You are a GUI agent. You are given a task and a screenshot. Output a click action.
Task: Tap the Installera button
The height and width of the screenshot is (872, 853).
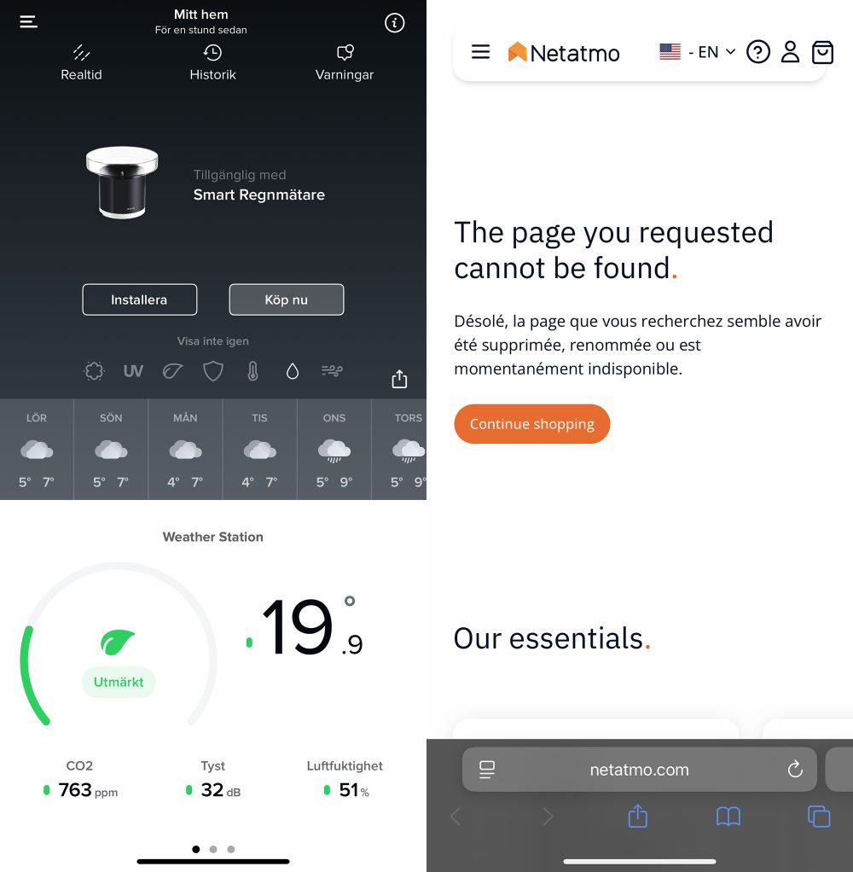click(139, 299)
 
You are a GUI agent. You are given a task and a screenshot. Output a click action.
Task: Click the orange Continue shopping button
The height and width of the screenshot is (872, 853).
click(531, 424)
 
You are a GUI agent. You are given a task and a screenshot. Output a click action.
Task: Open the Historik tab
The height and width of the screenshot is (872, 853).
click(212, 63)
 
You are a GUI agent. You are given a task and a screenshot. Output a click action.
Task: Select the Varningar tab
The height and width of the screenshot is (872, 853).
click(345, 63)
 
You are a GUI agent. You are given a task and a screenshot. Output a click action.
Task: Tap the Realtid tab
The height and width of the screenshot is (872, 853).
click(81, 63)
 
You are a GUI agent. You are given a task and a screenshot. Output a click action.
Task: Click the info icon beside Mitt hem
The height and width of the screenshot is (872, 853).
click(394, 23)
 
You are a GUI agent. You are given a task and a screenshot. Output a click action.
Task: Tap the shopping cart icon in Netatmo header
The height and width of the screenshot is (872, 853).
click(822, 52)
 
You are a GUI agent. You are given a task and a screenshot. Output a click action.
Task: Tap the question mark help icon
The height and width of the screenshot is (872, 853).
click(757, 52)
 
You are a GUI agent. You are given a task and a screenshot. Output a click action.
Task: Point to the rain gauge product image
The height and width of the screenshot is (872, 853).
click(122, 182)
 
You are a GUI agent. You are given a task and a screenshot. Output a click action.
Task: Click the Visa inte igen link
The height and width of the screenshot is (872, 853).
click(212, 341)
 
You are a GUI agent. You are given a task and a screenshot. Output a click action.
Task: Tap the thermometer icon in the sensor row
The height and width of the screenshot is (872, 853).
click(252, 371)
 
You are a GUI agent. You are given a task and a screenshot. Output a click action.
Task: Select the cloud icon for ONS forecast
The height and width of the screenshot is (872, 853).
click(334, 449)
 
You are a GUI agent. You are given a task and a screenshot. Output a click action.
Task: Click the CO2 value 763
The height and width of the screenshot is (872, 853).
click(75, 790)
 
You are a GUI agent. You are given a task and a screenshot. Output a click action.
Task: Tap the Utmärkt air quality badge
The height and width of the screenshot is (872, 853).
click(119, 682)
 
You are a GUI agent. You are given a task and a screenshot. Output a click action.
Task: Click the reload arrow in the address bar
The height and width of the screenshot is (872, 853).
click(795, 770)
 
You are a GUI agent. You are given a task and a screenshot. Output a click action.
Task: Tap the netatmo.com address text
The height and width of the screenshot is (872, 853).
click(639, 770)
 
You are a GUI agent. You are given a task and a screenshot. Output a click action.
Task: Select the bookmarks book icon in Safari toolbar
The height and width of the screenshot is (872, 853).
click(728, 817)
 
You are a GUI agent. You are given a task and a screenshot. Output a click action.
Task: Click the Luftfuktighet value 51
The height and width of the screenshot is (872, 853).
click(348, 790)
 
